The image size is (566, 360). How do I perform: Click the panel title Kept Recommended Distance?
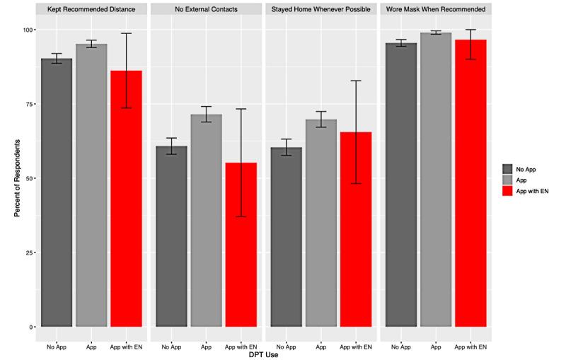(92, 10)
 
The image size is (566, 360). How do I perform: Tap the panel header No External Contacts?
(206, 10)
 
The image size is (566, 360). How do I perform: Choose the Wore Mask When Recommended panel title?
(436, 10)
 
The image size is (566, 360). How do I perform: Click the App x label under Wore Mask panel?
(436, 346)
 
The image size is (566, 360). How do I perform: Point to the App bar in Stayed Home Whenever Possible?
(320, 223)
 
